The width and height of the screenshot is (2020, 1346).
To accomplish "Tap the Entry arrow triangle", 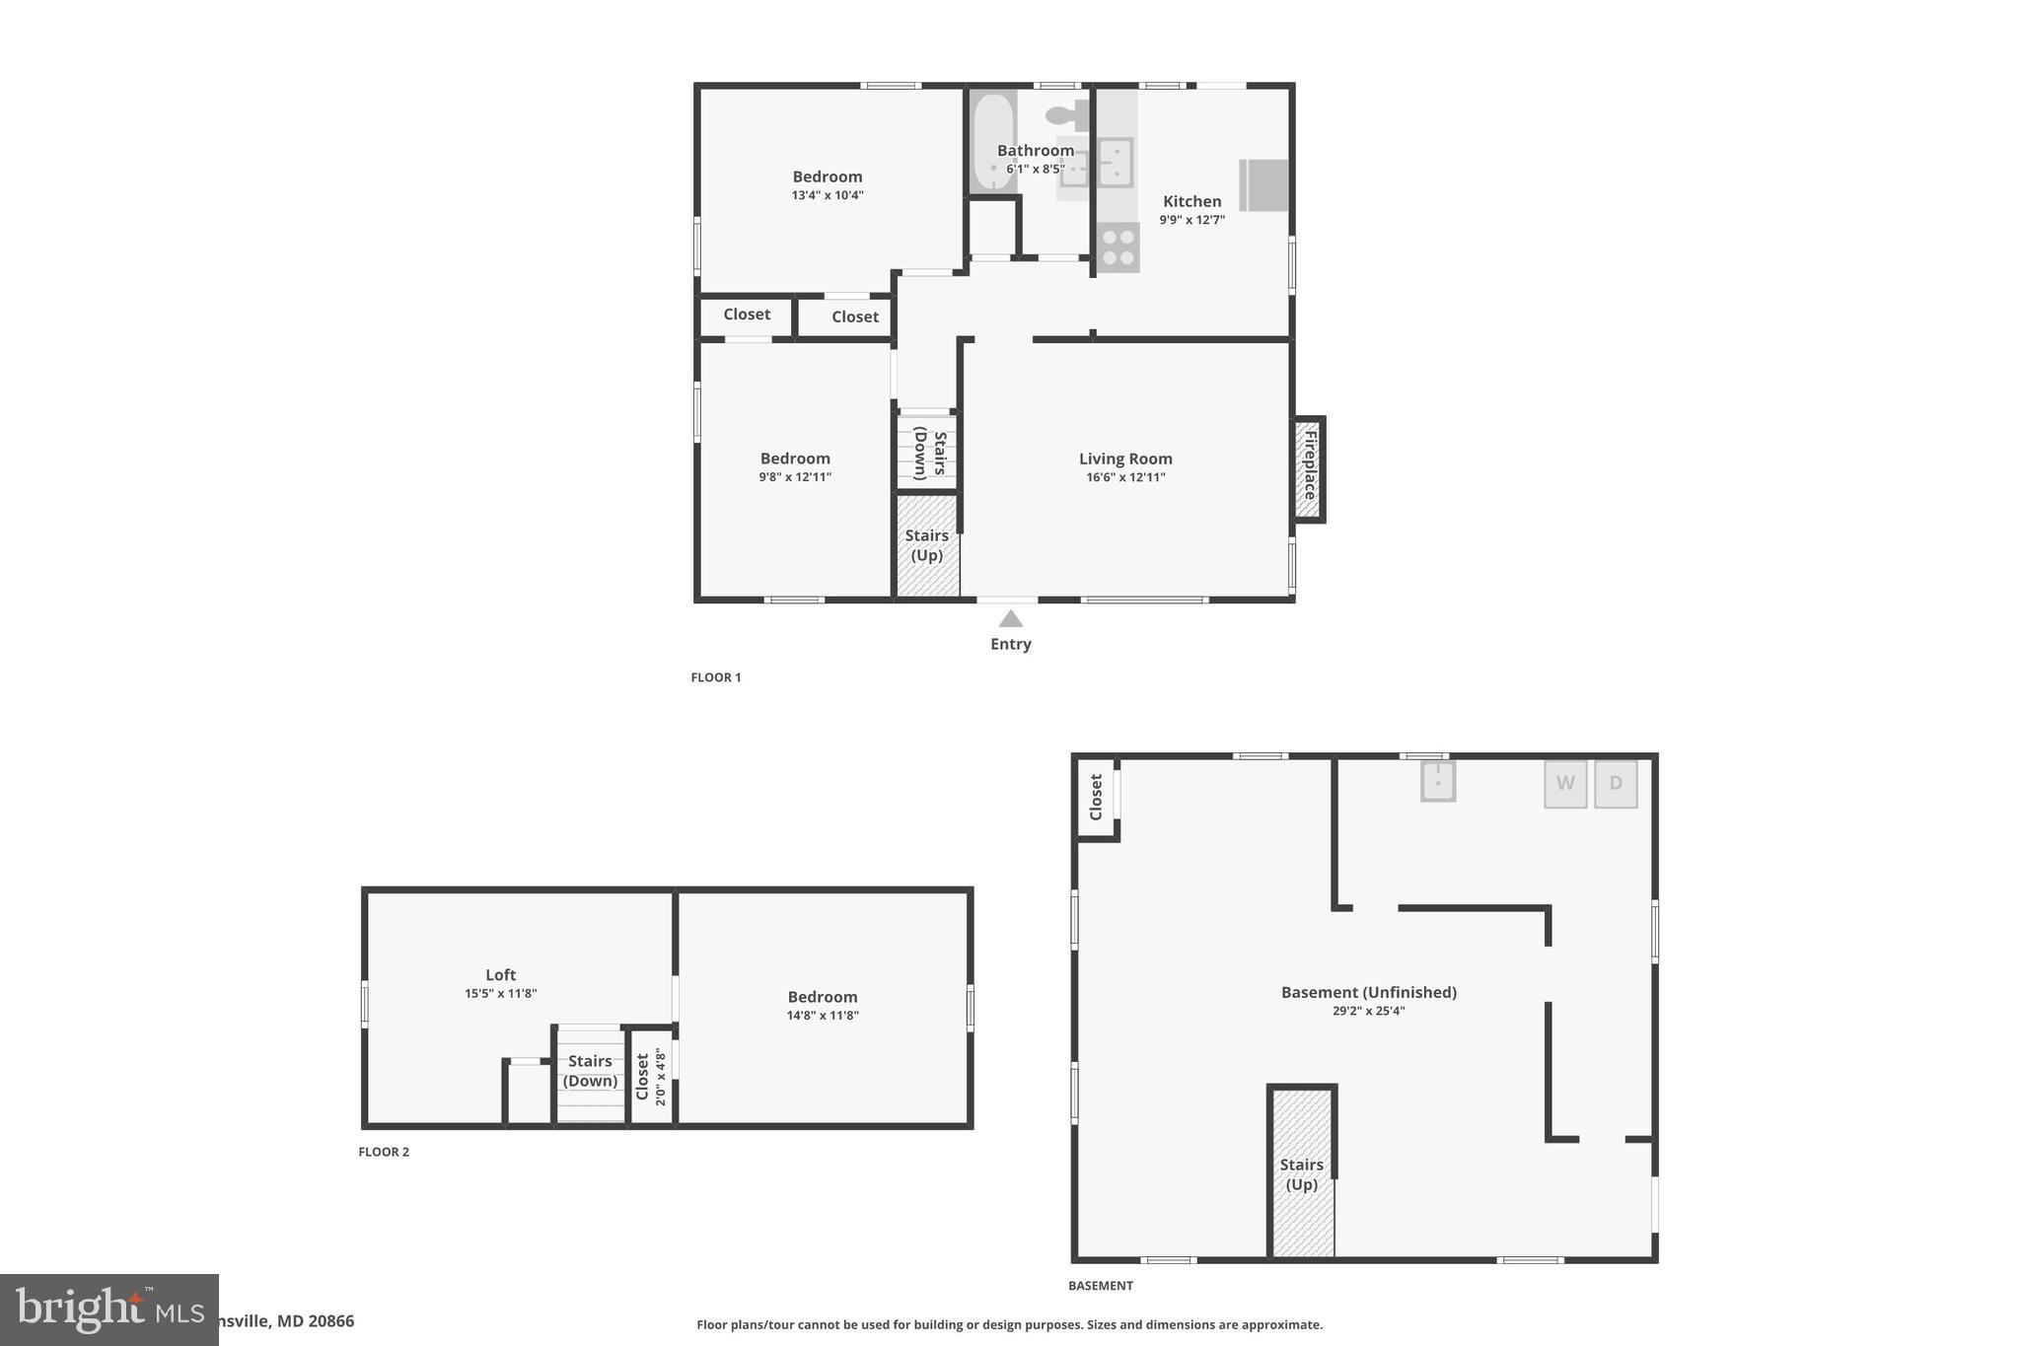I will click(x=1010, y=619).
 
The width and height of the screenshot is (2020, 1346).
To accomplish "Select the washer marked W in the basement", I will click(x=1565, y=784).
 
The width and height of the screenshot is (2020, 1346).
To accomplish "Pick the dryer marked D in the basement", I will click(x=1616, y=784).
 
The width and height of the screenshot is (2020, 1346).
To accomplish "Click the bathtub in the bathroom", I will click(x=991, y=141).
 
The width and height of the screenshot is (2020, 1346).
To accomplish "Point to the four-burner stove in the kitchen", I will click(x=1118, y=248).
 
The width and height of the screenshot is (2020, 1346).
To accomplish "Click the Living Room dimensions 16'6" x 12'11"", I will click(x=1125, y=477).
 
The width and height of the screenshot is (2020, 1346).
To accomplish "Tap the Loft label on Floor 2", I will click(x=500, y=975).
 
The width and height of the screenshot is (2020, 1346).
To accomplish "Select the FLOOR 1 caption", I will click(x=715, y=677).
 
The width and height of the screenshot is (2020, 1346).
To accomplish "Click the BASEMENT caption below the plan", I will click(x=1100, y=1286).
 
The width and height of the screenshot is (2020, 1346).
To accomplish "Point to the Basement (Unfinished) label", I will click(x=1368, y=992).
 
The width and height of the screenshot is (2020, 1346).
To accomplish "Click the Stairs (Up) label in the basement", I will click(x=1301, y=1174).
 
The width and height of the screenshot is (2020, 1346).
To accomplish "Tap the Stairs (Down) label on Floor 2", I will click(x=590, y=1071).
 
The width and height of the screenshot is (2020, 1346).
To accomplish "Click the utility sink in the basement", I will click(x=1437, y=782).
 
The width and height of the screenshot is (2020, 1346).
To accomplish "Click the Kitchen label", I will click(x=1191, y=201).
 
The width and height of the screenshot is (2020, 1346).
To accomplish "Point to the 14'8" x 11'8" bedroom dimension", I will click(x=823, y=1016).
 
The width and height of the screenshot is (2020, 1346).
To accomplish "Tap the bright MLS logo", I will click(x=108, y=1310).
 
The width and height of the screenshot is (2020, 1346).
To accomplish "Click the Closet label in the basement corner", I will click(x=1095, y=797).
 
